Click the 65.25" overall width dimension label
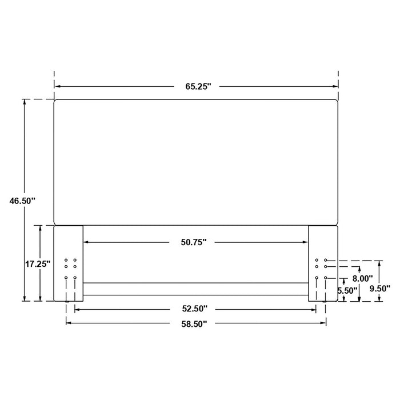[198, 87]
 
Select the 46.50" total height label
[22, 201]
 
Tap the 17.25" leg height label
[38, 264]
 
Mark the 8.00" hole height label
[362, 278]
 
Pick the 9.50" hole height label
[379, 289]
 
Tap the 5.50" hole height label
[347, 290]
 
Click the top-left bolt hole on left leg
[66, 261]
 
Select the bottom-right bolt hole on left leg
[75, 278]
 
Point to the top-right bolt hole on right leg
[325, 261]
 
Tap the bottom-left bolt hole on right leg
[317, 278]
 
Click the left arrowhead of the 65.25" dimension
[57, 87]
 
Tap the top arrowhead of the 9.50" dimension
[379, 263]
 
